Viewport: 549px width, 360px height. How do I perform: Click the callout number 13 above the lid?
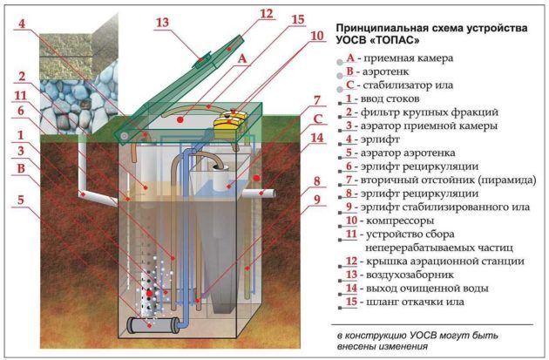tap(162, 22)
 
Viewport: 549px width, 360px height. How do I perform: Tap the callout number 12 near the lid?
tap(267, 14)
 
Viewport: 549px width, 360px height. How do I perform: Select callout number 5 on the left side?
tap(21, 200)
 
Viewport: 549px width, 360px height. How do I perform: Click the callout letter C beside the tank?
tap(317, 119)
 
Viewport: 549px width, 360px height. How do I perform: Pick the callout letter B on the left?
tap(21, 168)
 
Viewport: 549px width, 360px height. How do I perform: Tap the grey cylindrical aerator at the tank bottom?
tap(153, 324)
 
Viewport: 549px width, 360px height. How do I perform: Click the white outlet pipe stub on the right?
tap(260, 194)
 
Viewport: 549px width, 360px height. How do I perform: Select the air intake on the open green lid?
tap(203, 60)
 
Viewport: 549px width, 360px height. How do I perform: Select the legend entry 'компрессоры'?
tap(400, 221)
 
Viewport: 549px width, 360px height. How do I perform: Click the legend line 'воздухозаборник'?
tap(410, 275)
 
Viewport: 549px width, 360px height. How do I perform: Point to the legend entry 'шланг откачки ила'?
tap(415, 302)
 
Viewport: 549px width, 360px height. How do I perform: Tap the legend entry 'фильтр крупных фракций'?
tap(430, 112)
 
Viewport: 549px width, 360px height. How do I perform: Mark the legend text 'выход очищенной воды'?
tap(427, 289)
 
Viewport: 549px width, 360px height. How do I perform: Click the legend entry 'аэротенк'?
tap(385, 71)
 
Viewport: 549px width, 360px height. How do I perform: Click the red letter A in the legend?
tap(350, 58)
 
